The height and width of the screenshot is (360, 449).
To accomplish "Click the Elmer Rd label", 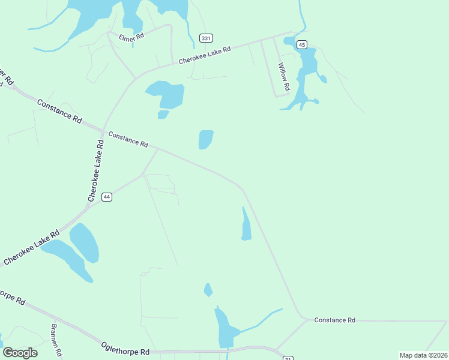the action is coord(131,36).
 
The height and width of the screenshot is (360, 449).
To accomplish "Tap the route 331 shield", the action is coord(206,38).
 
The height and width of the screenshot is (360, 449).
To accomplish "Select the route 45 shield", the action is coord(301,45).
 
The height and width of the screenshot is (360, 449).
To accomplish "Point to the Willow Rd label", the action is coord(283,77).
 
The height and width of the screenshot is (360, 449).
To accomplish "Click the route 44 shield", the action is coord(107,197).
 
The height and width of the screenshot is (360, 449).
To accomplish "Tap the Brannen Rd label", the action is coord(56,340).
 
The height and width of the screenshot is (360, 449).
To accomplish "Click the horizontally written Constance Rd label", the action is coord(334,320).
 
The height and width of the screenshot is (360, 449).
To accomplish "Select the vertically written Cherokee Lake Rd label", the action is coord(95,170).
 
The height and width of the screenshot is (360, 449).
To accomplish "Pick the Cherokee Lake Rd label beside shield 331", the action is coord(205,55).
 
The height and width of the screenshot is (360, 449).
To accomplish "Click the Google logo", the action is coord(20,352).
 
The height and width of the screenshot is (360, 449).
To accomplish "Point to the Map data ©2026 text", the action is coord(423,355).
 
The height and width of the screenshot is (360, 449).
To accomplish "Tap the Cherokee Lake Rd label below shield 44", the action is coord(31,247).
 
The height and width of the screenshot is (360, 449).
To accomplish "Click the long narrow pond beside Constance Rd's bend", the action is coord(246,225).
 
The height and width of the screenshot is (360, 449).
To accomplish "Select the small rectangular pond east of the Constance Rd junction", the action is coord(205,139).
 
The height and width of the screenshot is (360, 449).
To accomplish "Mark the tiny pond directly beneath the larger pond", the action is coord(163,114).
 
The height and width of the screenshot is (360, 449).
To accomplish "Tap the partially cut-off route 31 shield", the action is coord(288,358).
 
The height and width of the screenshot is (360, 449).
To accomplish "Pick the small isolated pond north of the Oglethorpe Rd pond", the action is coord(208,290).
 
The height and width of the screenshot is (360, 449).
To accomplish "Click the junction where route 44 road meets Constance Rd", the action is coord(158,148).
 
